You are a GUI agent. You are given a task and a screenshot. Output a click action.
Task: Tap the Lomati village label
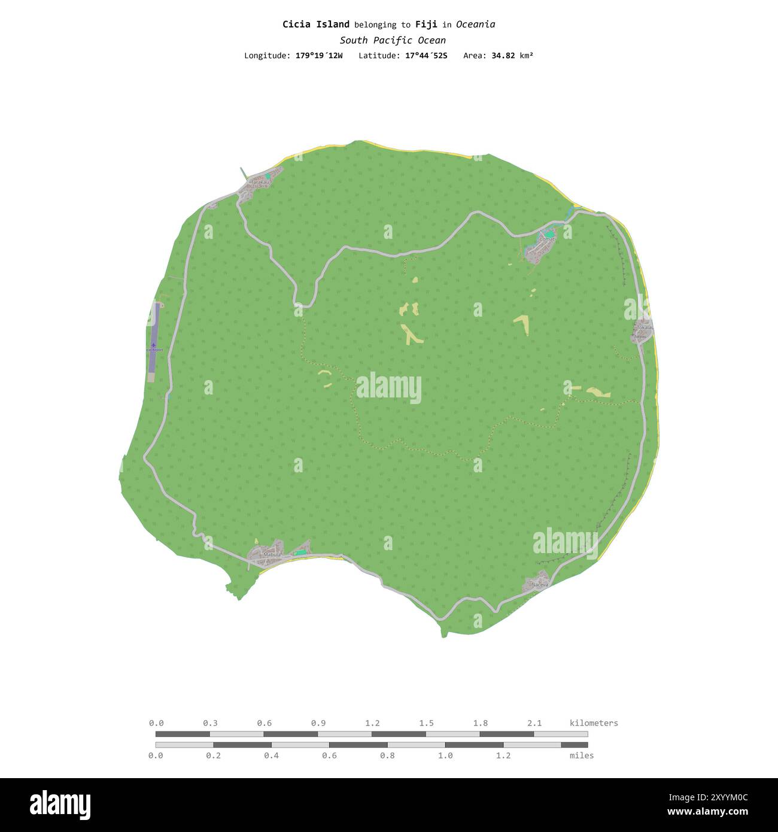[x=548, y=239]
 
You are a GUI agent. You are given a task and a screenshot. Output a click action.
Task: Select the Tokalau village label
[x=644, y=327]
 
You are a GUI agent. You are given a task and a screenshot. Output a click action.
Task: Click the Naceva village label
[x=540, y=584]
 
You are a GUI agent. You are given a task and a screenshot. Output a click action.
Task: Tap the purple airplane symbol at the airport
[x=154, y=345]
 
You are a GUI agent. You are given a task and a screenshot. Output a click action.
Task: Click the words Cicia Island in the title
[x=316, y=25]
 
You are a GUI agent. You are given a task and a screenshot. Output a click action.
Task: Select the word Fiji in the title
[x=427, y=25]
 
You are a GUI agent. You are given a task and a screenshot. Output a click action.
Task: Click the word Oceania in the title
[x=475, y=25]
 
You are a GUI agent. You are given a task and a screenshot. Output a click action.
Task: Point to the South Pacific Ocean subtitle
[x=393, y=41]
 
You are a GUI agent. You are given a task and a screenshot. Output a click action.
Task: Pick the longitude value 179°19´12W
[x=319, y=56]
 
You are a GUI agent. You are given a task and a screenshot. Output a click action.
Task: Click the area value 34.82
[x=503, y=56]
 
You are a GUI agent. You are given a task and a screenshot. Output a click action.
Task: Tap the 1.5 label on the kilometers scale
[x=426, y=723]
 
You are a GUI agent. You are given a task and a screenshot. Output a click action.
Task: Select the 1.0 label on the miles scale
[x=445, y=755]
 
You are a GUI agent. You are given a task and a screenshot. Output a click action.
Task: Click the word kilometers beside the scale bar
[x=594, y=723]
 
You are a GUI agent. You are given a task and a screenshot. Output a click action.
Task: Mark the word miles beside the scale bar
[x=582, y=755]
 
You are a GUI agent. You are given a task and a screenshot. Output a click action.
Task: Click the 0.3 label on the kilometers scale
[x=210, y=723]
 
